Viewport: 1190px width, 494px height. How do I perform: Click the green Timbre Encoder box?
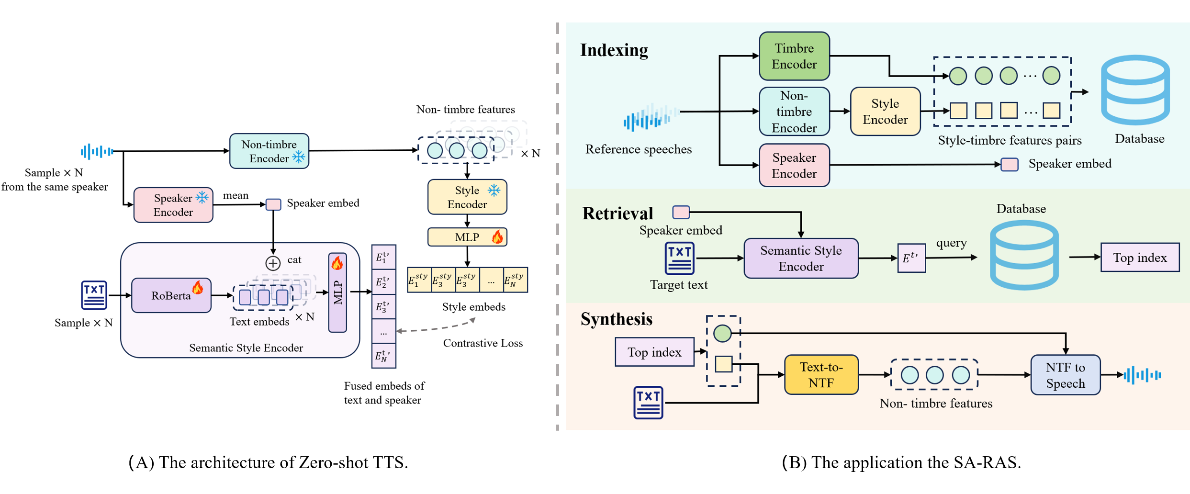794,56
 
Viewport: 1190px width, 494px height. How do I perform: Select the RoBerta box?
171,295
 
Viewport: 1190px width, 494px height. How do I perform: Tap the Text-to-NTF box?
821,375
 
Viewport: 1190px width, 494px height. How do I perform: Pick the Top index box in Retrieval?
1139,258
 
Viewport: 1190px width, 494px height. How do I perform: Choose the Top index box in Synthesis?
654,352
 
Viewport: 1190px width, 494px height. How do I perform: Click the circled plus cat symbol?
273,263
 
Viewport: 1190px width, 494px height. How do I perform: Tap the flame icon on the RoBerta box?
198,287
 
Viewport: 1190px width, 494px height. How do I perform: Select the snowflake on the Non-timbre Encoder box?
299,157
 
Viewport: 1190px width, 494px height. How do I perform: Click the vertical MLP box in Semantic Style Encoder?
337,292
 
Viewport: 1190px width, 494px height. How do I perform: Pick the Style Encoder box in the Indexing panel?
885,112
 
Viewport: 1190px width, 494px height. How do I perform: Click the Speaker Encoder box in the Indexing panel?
794,166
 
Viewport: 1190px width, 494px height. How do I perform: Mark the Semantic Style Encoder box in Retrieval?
800,258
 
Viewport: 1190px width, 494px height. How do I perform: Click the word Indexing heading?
614,50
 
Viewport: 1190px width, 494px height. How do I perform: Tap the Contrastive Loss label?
483,343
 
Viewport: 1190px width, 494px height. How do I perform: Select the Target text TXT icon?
679,258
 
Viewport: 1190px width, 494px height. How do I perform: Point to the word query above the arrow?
951,243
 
